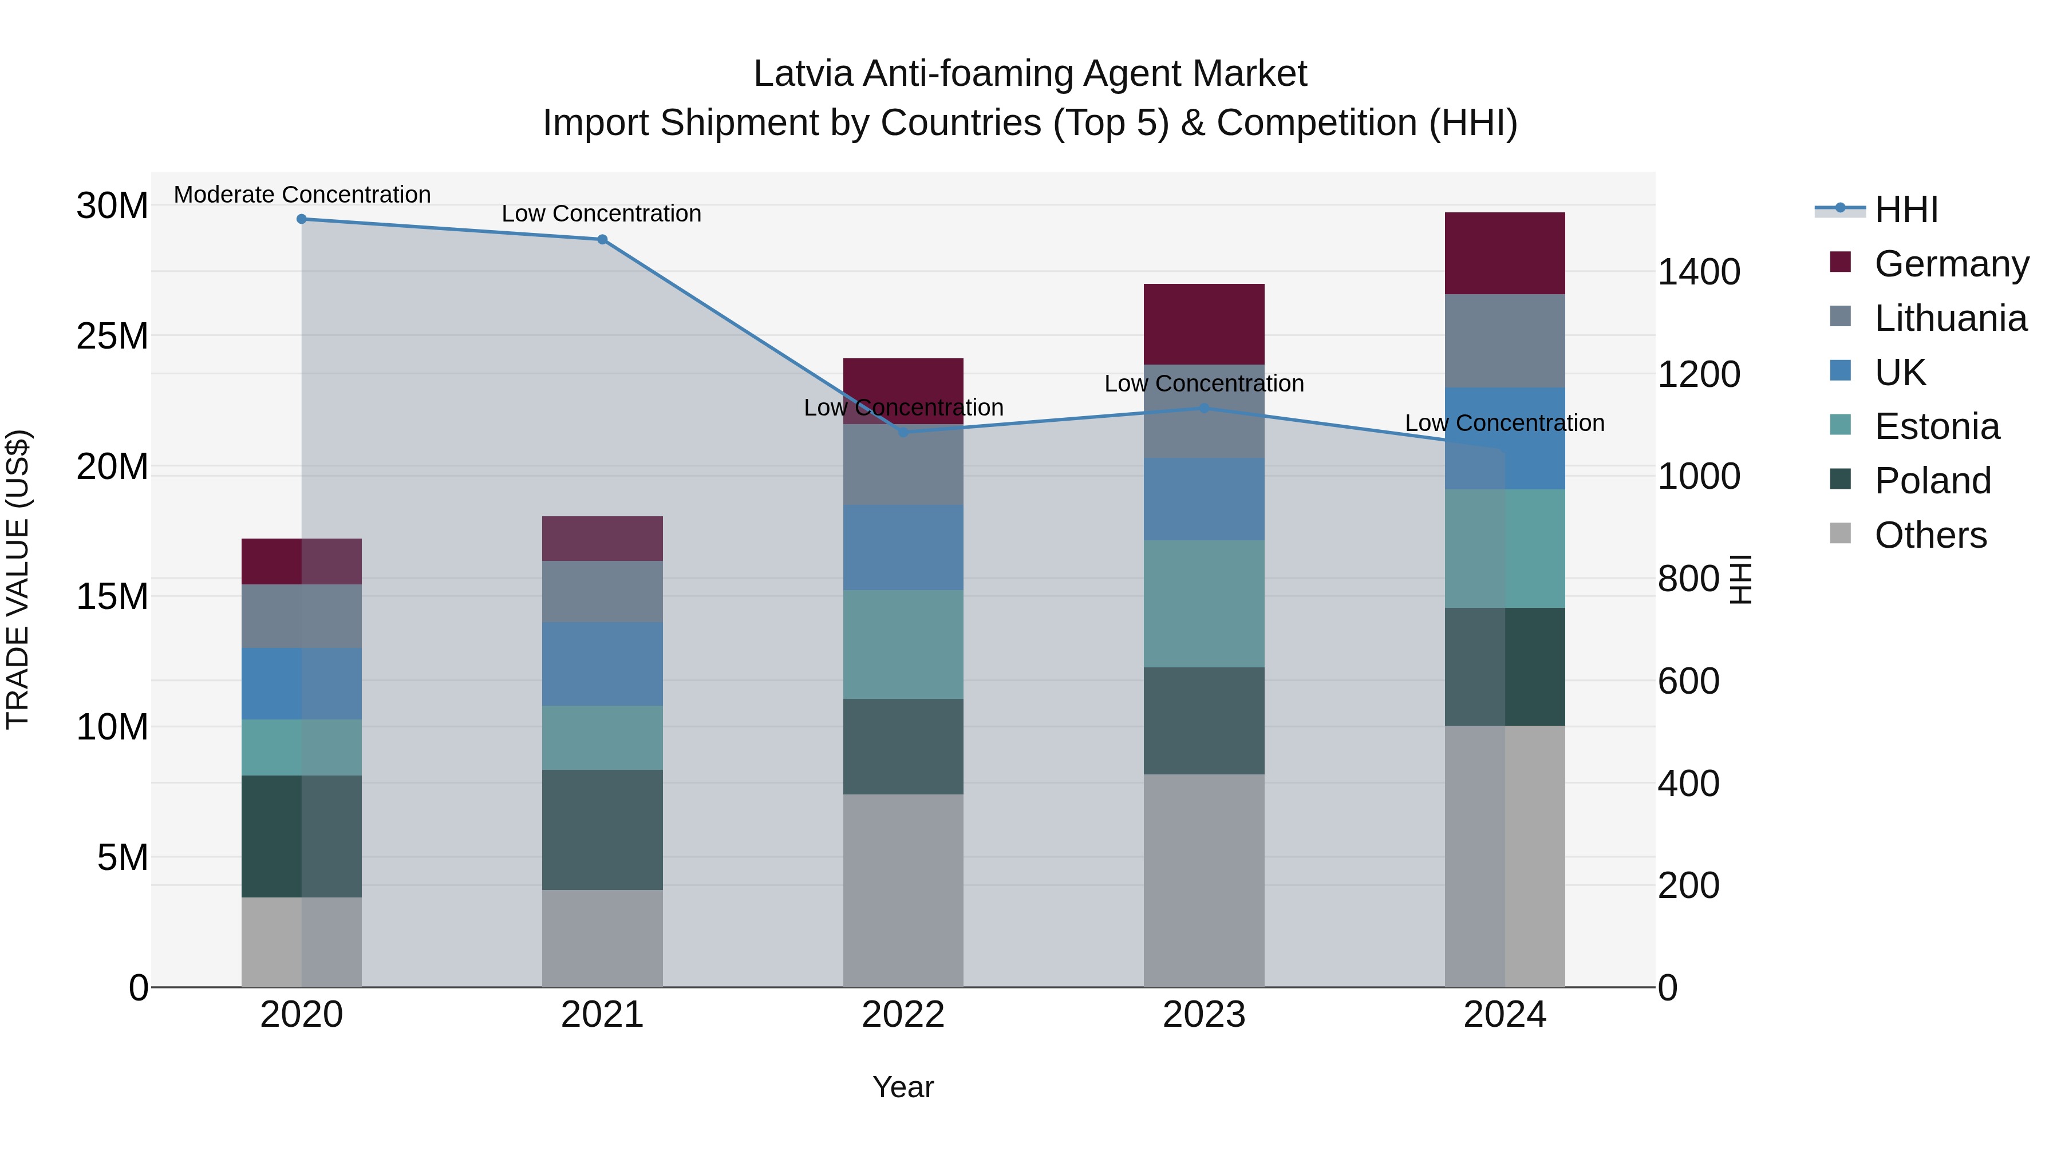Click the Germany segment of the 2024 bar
(1504, 253)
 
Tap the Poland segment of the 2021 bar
(602, 829)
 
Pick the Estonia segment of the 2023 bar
(1203, 603)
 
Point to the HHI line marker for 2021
(602, 239)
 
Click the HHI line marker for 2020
(302, 219)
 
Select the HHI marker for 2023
(1203, 408)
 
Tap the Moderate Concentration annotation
(302, 195)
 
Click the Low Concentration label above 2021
(601, 213)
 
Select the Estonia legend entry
(1936, 426)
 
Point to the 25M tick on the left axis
(112, 336)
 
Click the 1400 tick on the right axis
(1698, 272)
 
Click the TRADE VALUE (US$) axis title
(18, 579)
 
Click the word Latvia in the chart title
(803, 74)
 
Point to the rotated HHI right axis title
(1741, 579)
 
